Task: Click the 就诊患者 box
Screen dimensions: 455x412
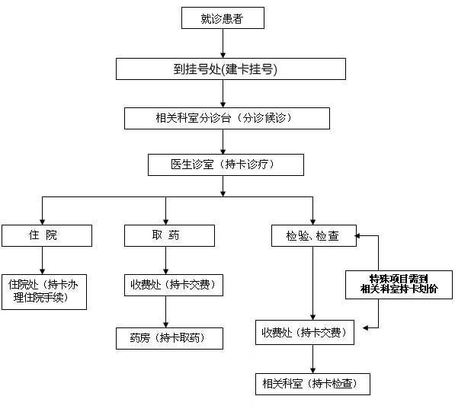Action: pos(223,18)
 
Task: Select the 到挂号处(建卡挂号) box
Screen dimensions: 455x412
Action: pos(231,69)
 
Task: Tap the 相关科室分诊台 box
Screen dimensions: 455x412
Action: pos(227,118)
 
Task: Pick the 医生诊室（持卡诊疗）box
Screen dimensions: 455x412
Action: pos(226,164)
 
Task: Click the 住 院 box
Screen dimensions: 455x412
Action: pos(46,236)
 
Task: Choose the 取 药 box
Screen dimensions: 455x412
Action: pos(169,236)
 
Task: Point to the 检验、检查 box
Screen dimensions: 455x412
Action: pos(314,236)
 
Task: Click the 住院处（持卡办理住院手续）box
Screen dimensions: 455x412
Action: pos(44,292)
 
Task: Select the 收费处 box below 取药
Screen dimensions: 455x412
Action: pos(174,285)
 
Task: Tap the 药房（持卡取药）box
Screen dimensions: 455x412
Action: pos(169,338)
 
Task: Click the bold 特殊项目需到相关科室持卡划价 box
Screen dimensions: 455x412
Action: pos(399,285)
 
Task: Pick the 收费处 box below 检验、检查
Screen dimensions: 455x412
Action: pos(305,332)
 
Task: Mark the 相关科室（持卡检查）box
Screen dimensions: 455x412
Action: pos(312,384)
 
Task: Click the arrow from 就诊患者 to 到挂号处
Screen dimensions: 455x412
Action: pos(223,43)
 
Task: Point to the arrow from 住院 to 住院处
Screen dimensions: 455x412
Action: pos(43,260)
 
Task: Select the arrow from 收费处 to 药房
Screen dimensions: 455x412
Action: pos(165,311)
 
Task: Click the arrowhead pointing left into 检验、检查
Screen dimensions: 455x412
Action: pos(357,236)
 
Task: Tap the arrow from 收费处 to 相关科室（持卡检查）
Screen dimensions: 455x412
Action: pos(312,359)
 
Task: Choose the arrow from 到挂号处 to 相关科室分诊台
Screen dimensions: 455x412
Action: pos(223,94)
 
